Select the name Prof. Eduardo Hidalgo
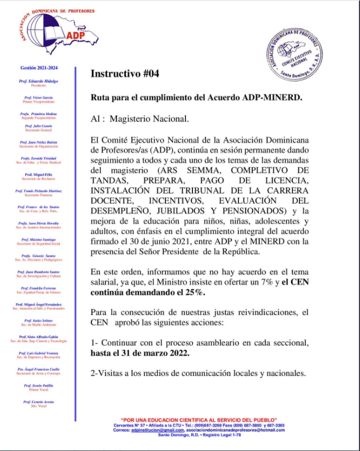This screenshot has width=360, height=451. [38, 81]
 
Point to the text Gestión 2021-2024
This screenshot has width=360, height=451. [38, 68]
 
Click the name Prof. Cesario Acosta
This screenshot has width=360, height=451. [39, 402]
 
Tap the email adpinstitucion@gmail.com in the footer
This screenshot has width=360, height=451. [161, 430]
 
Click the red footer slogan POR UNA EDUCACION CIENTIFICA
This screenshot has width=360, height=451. [199, 420]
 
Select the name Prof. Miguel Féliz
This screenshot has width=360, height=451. [39, 175]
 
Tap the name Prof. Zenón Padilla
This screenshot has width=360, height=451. [39, 386]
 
